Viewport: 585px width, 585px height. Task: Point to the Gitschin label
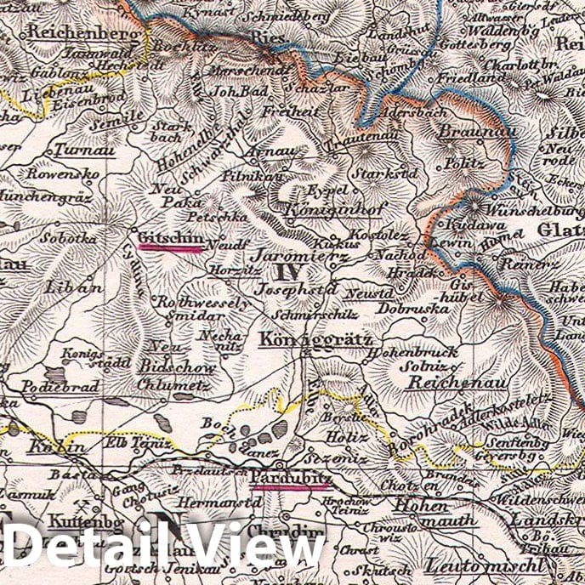pyautogui.click(x=171, y=239)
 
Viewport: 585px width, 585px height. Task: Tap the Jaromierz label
pyautogui.click(x=292, y=254)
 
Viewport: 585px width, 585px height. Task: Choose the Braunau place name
pyautogui.click(x=466, y=133)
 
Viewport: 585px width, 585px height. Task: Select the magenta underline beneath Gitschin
pyautogui.click(x=171, y=248)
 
